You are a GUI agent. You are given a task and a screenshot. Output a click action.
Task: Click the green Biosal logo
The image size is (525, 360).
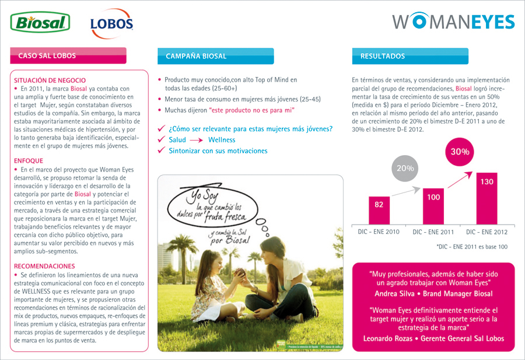40,23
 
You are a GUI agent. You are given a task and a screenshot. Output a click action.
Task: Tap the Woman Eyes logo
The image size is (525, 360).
453,22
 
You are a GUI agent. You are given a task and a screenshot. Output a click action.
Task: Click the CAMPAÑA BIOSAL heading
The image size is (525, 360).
196,56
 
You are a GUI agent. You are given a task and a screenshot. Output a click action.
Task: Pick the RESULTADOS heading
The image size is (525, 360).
383,57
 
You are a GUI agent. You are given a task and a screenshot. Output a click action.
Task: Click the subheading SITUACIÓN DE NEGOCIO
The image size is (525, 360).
50,80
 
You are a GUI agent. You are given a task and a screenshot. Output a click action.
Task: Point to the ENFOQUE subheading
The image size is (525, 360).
29,160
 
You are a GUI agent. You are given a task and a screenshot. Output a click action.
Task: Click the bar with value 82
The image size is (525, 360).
379,209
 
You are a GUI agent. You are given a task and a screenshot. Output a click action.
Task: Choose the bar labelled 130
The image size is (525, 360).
487,198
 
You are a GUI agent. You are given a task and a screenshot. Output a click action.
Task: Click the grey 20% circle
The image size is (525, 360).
406,168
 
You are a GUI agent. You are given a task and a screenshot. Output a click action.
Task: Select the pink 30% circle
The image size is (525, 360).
460,152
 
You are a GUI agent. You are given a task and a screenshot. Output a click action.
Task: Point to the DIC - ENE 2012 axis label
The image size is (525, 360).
487,232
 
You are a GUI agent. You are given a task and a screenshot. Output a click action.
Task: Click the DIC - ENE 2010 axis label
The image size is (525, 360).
379,232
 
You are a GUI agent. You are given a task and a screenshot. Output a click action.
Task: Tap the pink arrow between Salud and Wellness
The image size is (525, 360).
197,140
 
